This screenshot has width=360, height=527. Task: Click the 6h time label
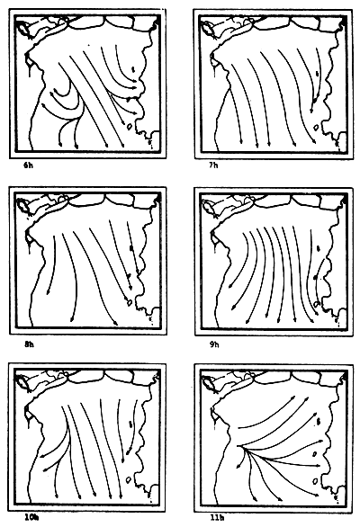31,165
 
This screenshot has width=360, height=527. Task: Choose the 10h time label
31,519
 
